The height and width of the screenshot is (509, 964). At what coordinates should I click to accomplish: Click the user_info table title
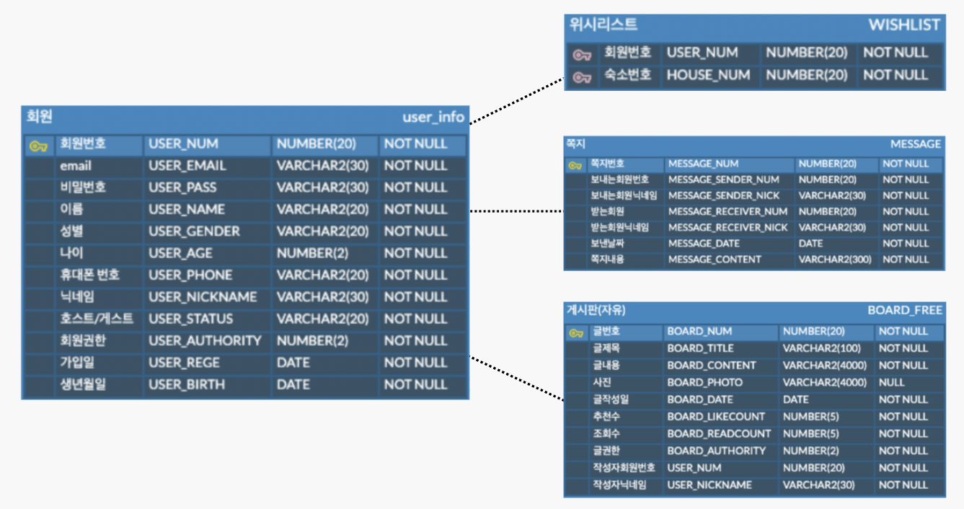coord(433,117)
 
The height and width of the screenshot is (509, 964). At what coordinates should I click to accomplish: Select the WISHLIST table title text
coord(903,25)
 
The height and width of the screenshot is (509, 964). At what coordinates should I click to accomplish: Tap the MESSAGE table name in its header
coord(915,144)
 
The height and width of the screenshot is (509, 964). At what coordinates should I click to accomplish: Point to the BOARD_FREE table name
coord(904,311)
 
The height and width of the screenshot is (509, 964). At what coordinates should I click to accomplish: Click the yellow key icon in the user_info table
coord(38,146)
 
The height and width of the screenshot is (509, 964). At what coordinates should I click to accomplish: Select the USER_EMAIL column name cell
coord(187,166)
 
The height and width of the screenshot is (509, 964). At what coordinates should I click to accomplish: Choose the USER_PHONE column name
coord(190,275)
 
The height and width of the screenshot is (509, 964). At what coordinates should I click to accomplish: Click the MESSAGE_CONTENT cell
coord(714,260)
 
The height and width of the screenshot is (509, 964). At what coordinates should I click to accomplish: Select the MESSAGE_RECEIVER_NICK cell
coord(728,228)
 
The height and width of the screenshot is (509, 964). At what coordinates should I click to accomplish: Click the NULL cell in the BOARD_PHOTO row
coord(891,383)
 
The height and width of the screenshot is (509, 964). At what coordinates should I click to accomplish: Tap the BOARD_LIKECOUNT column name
coord(715,417)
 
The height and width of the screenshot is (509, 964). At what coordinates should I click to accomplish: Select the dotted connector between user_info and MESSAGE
coord(516,211)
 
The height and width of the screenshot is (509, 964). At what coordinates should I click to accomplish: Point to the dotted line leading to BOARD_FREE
coord(516,378)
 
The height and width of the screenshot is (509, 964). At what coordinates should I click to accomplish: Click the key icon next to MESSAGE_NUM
coord(575,165)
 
